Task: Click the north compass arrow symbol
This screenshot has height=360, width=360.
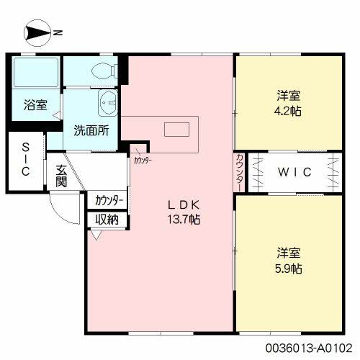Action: point(36,32)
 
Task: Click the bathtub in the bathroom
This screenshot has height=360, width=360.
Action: point(36,72)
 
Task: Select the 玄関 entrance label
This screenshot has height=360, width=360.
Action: point(62,176)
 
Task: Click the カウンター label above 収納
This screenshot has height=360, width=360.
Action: point(109,200)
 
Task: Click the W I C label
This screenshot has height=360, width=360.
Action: point(294,173)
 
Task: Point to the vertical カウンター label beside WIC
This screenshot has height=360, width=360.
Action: point(239,173)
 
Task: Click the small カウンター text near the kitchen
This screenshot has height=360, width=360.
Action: point(142,161)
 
